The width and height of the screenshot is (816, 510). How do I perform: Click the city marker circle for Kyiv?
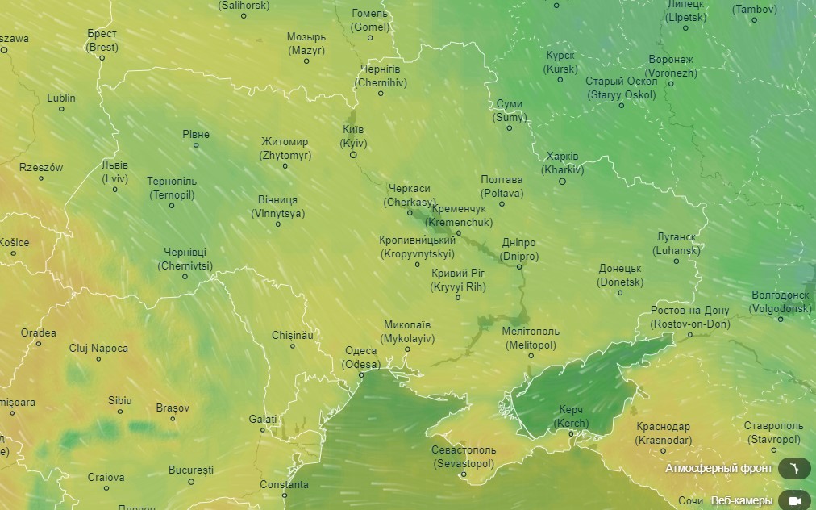point(352,155)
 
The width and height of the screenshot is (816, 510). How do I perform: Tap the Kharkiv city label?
point(563,163)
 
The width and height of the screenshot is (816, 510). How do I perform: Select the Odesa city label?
point(360,357)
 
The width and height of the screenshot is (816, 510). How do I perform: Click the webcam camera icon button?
point(794,500)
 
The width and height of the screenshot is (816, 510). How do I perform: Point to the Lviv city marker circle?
point(115,190)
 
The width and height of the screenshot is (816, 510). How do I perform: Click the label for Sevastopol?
point(464,457)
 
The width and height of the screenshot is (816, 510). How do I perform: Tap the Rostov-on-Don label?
point(689,317)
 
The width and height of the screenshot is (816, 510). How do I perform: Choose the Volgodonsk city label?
point(781,302)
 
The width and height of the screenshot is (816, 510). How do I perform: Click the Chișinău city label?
point(292,334)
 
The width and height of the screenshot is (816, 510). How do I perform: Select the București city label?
point(191,470)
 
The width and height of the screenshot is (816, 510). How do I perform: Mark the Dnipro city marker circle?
point(519,268)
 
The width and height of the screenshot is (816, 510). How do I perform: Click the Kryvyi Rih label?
point(458,280)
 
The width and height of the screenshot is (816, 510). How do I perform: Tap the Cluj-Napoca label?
point(98,348)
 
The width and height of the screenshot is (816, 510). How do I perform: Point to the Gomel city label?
point(370,20)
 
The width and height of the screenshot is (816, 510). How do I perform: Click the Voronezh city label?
point(670,66)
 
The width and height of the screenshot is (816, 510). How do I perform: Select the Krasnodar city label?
point(663,433)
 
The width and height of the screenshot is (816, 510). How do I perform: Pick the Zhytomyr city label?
point(285,148)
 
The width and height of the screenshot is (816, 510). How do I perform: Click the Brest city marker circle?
point(102,59)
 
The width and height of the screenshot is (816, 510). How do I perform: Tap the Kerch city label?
point(572,416)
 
